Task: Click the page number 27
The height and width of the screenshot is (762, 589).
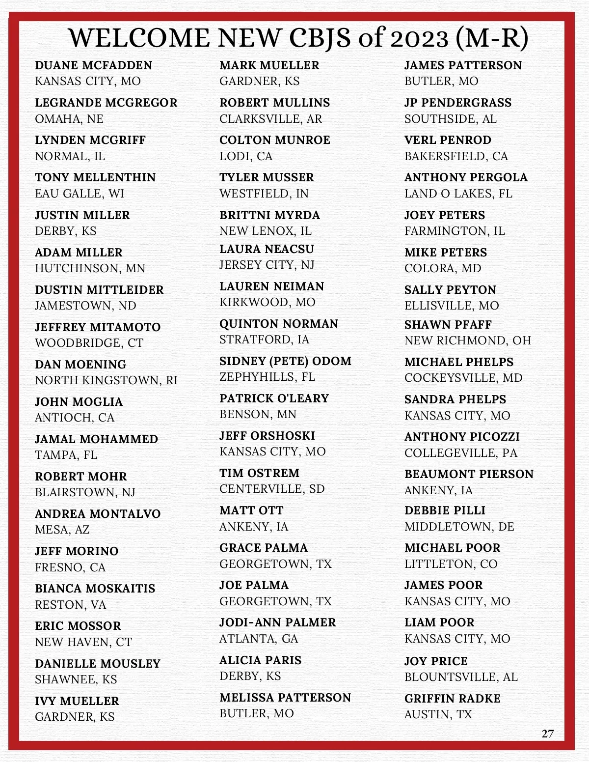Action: click(547, 734)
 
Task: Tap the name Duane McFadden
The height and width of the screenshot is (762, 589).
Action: click(93, 65)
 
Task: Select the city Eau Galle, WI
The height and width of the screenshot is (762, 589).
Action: click(79, 194)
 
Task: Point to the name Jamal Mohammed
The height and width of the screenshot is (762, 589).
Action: click(96, 439)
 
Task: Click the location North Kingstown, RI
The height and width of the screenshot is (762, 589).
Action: click(106, 380)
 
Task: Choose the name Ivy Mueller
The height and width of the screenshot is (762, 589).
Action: click(77, 701)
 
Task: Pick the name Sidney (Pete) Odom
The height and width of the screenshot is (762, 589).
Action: click(285, 361)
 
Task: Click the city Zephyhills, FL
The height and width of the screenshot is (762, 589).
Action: click(267, 377)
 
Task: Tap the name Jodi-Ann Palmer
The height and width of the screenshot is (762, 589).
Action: click(277, 622)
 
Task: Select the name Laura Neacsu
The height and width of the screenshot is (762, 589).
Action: click(267, 249)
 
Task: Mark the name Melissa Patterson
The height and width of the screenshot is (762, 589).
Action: click(285, 698)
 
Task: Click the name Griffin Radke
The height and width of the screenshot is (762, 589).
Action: click(452, 699)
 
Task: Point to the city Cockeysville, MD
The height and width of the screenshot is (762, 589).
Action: click(463, 378)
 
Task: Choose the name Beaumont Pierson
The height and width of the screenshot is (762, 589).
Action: click(469, 474)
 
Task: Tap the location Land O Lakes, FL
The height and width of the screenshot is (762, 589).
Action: click(458, 194)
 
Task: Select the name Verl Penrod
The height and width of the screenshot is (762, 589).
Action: click(448, 140)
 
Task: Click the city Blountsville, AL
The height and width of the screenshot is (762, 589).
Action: click(461, 677)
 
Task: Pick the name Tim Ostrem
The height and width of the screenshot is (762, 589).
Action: click(259, 473)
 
